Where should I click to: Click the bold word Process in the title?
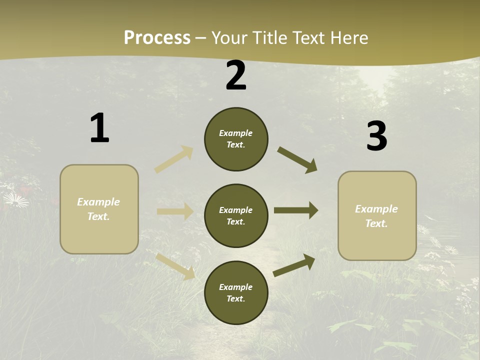click(157, 37)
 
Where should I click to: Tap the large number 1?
click(99, 128)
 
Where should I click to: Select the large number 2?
click(236, 75)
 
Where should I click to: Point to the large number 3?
click(376, 136)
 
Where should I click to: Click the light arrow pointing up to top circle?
click(174, 159)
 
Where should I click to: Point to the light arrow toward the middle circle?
click(175, 211)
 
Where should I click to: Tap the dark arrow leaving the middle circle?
click(296, 210)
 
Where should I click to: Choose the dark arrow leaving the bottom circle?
click(294, 265)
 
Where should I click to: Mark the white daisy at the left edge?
click(16, 200)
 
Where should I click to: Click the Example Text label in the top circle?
click(236, 139)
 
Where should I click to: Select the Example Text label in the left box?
click(98, 209)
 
